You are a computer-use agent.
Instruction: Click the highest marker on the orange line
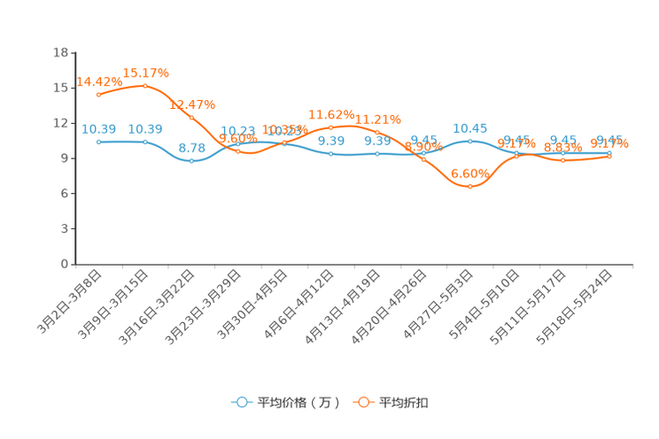point(145,86)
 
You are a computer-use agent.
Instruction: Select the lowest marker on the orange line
point(469,187)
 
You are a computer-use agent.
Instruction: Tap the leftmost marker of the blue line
point(99,142)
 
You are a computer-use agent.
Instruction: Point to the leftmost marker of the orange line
point(99,94)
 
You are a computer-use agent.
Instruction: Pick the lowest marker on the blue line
point(192,161)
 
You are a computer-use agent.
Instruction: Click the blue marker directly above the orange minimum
point(469,141)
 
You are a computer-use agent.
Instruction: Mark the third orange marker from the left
point(192,118)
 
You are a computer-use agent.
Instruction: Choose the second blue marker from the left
point(145,142)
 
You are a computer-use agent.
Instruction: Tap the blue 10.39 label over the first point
point(99,129)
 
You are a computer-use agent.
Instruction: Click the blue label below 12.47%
point(192,147)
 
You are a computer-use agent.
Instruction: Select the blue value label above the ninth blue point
point(469,128)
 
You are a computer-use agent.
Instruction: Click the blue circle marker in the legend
point(241,402)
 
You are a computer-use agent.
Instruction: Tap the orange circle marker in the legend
point(362,402)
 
